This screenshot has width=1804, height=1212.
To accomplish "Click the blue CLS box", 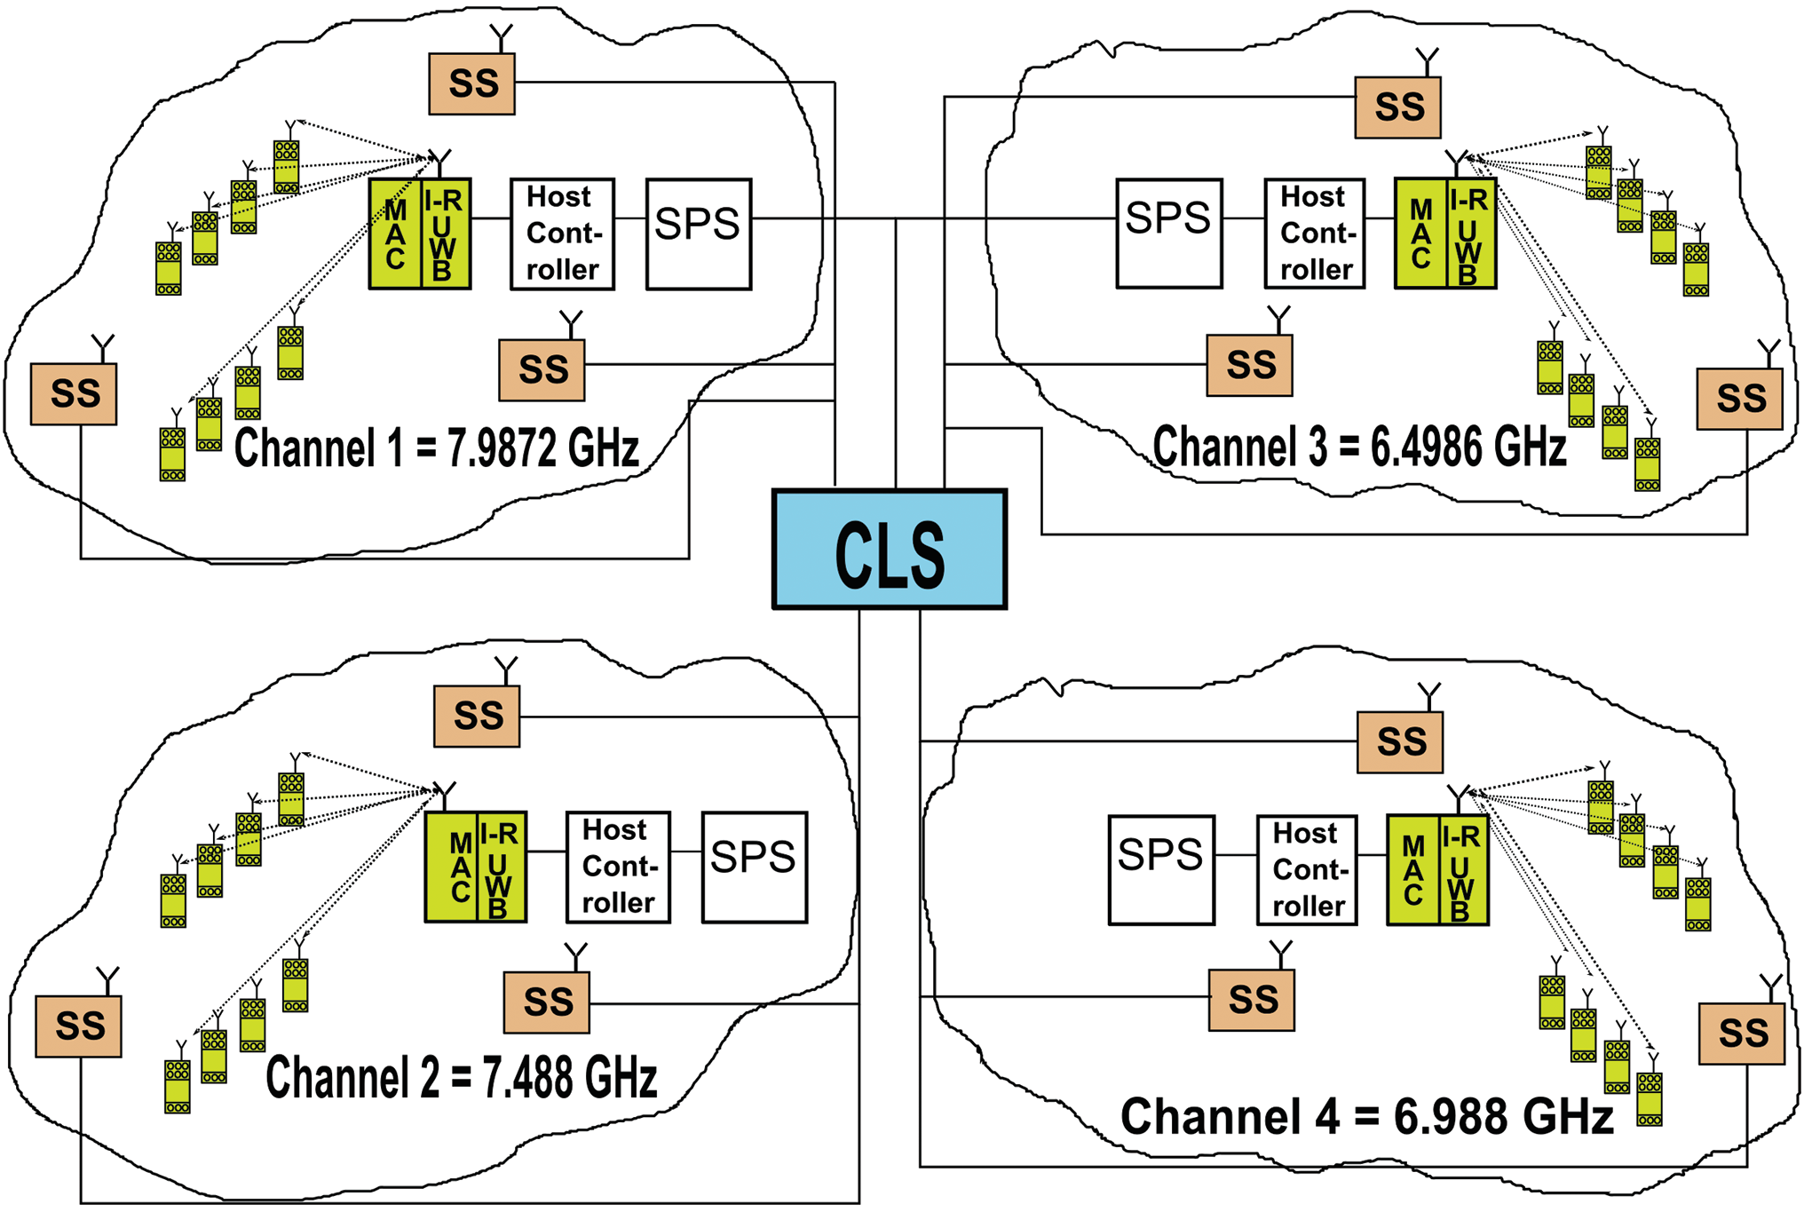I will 890,550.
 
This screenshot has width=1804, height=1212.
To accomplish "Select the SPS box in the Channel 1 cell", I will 699,234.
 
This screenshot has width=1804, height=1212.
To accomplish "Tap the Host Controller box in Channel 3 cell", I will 1315,234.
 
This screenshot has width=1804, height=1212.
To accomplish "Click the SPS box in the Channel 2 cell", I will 755,867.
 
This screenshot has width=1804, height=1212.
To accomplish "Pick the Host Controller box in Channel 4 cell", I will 1308,871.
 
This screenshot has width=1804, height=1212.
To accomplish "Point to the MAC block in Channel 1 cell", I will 395,234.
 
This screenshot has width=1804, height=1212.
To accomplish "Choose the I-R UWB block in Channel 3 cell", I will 1471,234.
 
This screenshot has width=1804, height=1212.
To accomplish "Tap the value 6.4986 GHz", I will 1468,447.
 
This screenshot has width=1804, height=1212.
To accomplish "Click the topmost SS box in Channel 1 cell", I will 472,83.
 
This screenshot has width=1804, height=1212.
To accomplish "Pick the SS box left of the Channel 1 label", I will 74,393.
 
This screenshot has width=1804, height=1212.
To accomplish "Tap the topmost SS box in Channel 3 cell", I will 1398,107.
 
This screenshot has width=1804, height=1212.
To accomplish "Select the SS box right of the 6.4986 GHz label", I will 1740,399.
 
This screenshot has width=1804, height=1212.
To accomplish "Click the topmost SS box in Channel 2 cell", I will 478,716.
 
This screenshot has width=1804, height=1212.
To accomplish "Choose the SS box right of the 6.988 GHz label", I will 1742,1034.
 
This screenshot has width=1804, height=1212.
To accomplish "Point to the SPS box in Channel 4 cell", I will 1162,871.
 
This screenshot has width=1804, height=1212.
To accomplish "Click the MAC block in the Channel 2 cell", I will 452,867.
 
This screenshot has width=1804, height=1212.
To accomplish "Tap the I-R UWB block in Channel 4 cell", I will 1463,871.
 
